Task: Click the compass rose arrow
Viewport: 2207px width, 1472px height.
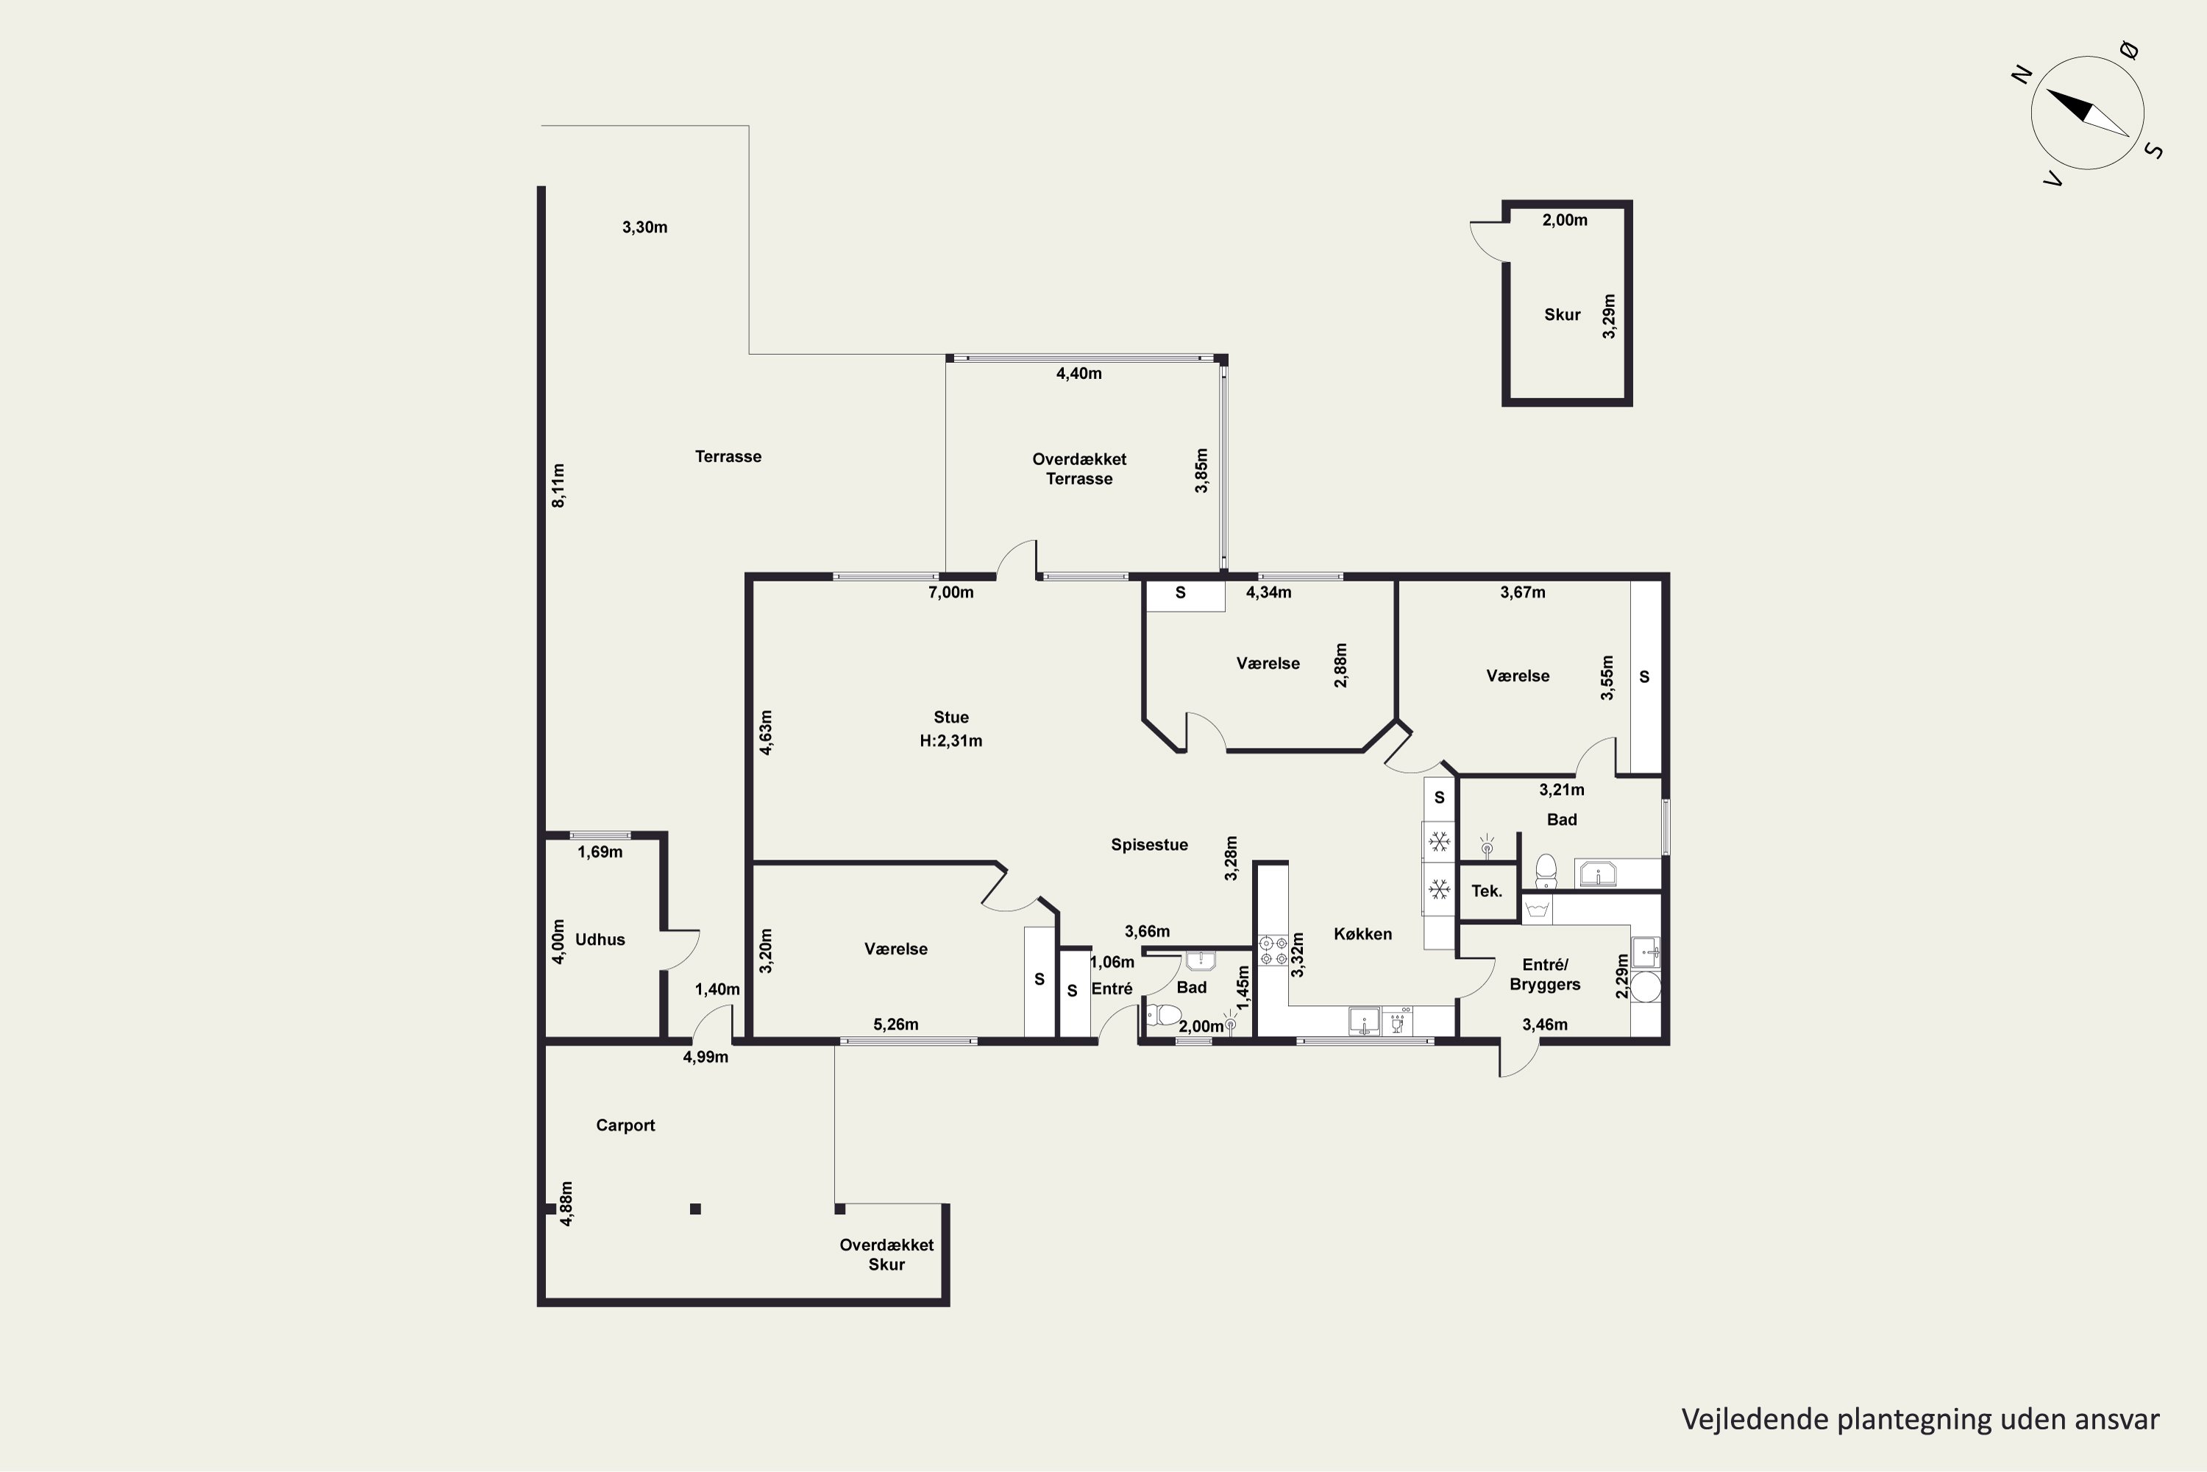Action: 2088,113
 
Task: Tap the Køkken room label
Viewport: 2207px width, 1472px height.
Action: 1362,934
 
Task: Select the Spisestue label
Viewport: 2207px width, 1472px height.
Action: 1149,845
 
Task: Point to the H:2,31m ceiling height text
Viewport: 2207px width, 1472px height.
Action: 950,740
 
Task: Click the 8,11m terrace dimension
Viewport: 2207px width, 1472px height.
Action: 558,485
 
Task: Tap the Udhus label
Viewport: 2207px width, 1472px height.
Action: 600,940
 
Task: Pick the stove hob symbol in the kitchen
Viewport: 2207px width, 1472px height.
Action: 1273,950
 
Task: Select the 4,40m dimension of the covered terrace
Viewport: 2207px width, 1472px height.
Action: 1079,374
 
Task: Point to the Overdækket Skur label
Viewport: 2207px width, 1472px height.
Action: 886,1255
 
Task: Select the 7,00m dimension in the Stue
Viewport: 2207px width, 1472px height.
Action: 950,592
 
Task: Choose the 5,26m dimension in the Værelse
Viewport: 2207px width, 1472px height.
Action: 895,1025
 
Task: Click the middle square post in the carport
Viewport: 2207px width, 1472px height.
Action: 695,1209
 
